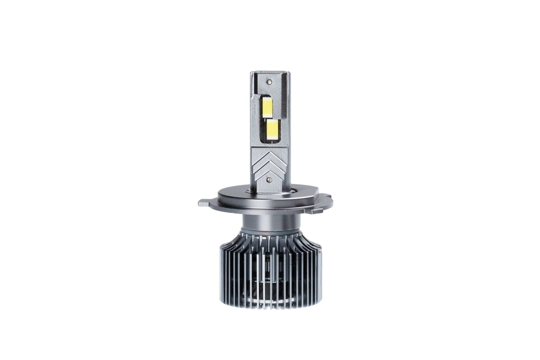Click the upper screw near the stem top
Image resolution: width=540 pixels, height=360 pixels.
(x=269, y=82)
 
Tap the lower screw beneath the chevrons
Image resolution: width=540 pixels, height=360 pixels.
(x=269, y=180)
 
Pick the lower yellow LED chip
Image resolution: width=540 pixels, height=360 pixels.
(x=272, y=129)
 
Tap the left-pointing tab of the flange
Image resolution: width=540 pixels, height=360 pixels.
(x=204, y=203)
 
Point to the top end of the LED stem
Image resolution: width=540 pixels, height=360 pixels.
(x=269, y=72)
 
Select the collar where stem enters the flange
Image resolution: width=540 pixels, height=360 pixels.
(x=269, y=191)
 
